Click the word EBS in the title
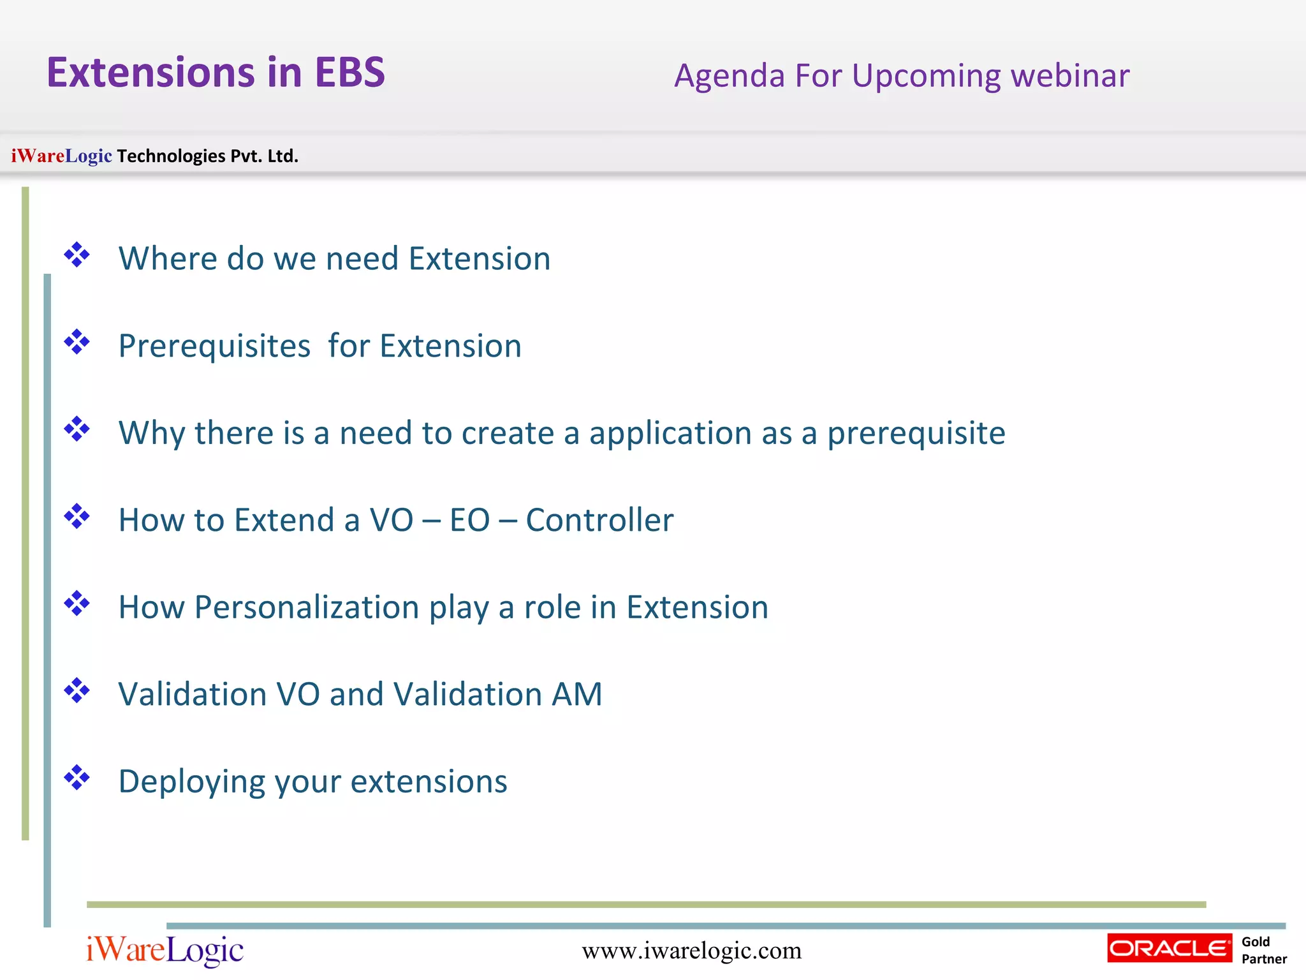point(350,72)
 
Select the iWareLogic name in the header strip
point(62,156)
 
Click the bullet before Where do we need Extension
point(77,255)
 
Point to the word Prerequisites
point(214,346)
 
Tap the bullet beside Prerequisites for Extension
point(77,342)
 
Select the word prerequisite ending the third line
point(916,434)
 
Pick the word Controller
point(599,520)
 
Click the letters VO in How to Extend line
point(392,520)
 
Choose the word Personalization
point(306,607)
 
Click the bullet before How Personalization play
point(77,603)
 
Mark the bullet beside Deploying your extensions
point(77,777)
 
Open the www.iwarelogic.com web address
point(691,951)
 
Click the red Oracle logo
point(1170,948)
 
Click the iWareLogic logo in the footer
point(165,951)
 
